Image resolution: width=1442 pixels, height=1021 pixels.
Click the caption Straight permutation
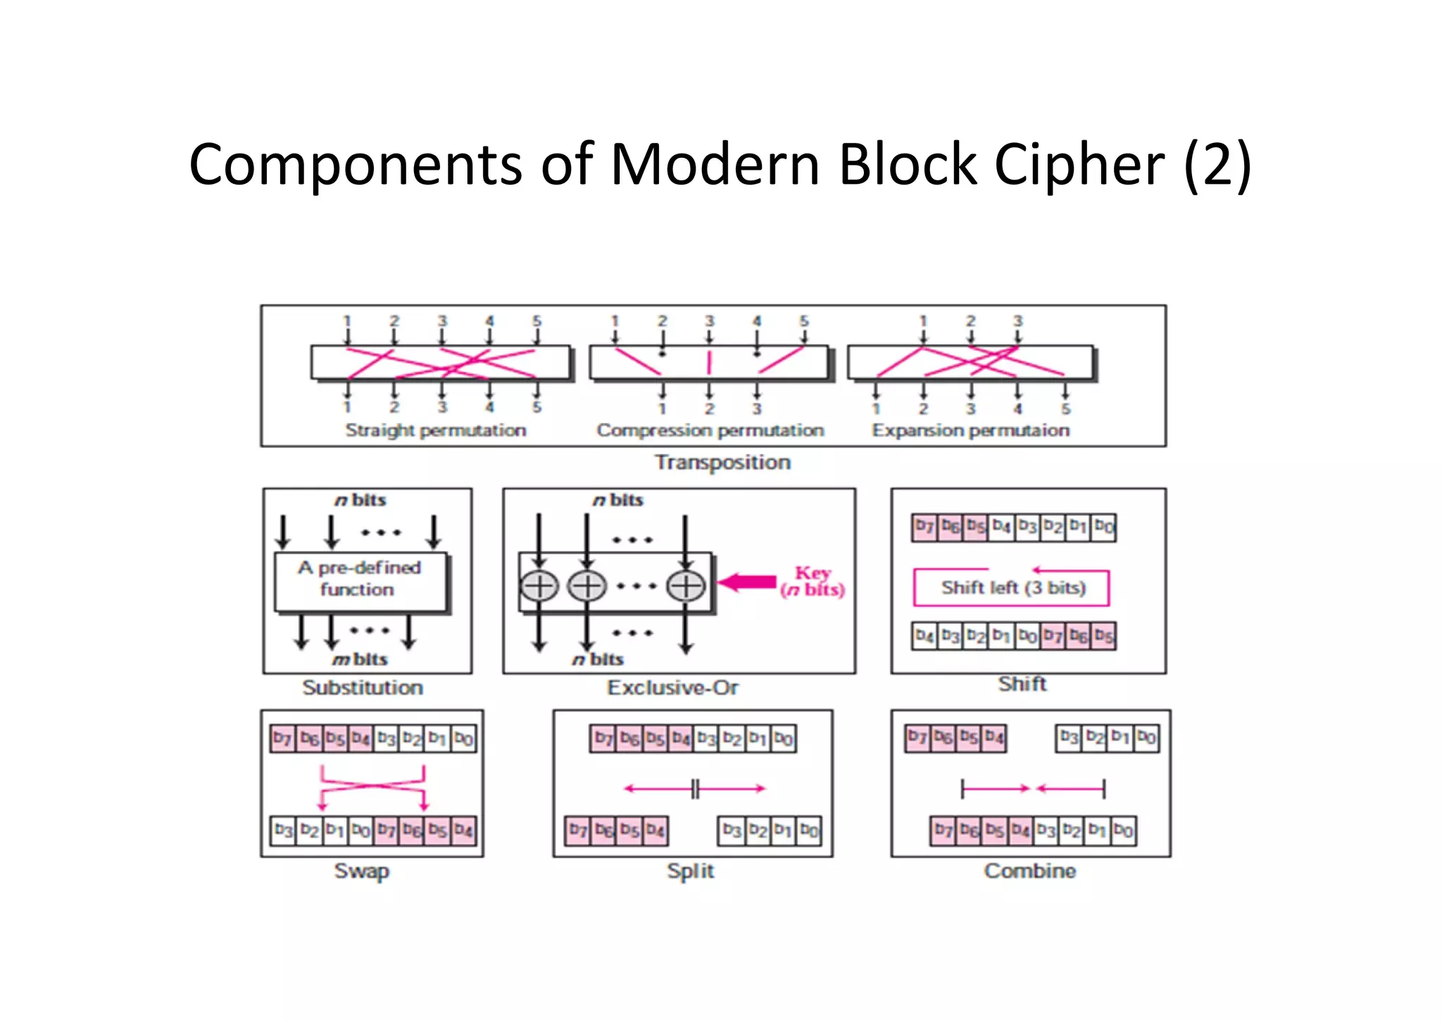click(435, 431)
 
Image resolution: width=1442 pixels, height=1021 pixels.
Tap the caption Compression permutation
click(710, 431)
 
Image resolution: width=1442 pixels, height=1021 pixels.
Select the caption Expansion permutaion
click(970, 431)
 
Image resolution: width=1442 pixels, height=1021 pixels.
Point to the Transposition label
click(722, 463)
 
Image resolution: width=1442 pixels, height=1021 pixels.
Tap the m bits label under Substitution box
click(360, 660)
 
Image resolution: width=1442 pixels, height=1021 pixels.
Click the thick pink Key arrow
click(748, 582)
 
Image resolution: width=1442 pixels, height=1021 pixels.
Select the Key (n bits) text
click(813, 581)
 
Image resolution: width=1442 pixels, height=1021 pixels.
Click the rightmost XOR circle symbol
click(686, 586)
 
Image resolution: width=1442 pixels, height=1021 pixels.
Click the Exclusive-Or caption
click(672, 688)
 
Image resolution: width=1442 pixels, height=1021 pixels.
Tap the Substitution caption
click(363, 688)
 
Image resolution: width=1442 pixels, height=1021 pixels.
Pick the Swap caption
click(361, 871)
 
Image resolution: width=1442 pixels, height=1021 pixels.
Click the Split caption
click(690, 871)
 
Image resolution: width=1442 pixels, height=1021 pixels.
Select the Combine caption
click(1029, 871)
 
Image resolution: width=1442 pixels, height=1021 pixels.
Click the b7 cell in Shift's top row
click(924, 527)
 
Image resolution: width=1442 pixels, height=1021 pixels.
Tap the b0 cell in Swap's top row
click(463, 738)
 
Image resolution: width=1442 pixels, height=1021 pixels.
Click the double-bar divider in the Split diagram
click(695, 788)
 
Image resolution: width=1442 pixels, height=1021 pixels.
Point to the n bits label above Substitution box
click(360, 500)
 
